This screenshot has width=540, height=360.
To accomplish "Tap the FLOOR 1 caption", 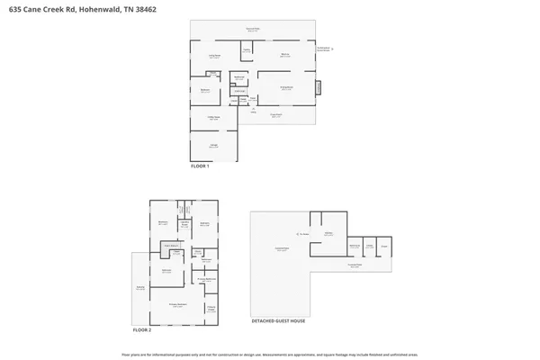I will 200,166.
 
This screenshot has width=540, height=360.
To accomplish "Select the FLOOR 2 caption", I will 143,330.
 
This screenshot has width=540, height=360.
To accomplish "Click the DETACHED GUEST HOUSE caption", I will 278,320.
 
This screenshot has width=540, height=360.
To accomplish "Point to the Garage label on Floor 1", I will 212,147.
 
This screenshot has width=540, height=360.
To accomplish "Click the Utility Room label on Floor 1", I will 213,119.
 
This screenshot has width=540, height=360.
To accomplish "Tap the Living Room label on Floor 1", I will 215,56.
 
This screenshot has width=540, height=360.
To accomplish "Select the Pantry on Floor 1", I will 246,50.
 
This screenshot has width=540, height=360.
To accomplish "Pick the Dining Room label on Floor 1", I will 287,88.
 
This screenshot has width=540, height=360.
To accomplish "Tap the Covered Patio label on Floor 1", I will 254,30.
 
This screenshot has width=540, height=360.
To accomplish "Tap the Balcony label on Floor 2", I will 140,288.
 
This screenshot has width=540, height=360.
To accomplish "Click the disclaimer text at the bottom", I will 269,354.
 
